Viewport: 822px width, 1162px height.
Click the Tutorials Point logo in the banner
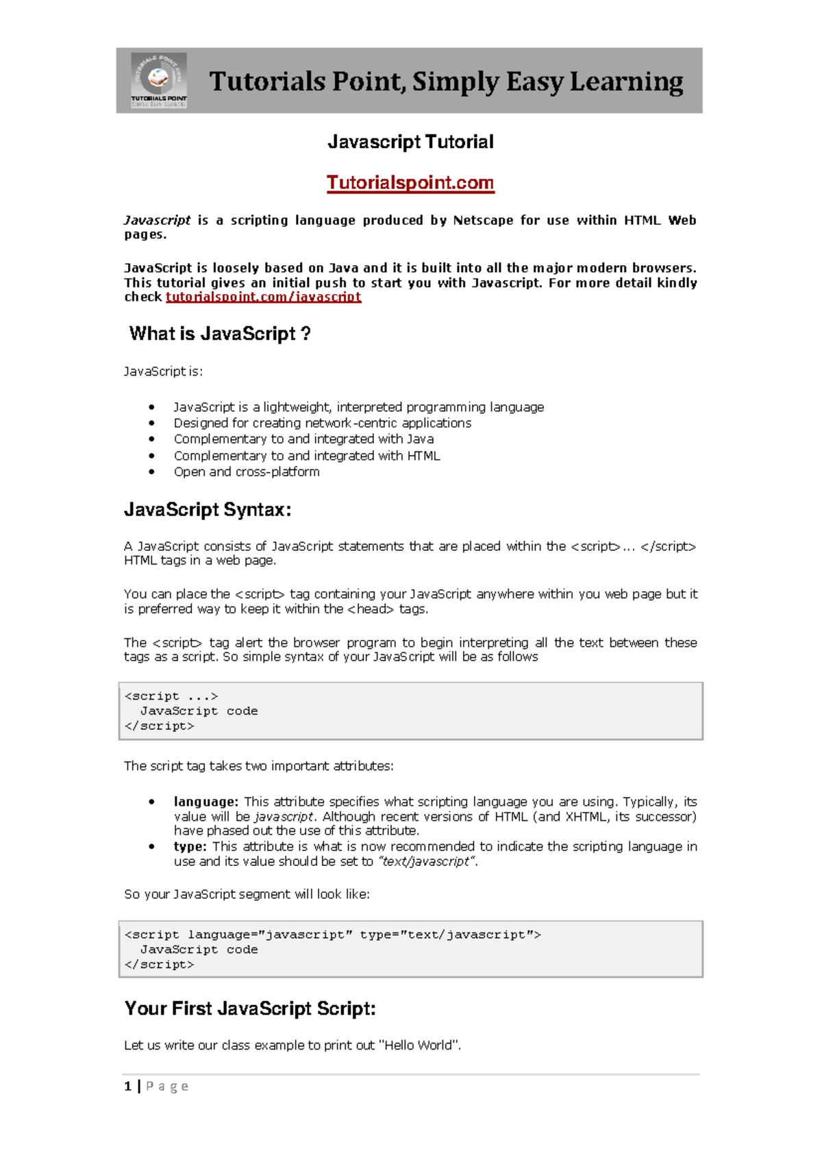point(159,79)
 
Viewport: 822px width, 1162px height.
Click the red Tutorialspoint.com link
point(410,183)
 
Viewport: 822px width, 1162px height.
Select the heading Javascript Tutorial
point(410,142)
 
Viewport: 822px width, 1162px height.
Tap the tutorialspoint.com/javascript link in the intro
point(263,297)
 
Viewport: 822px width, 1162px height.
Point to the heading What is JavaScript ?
point(220,334)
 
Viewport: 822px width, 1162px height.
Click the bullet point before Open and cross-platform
point(151,472)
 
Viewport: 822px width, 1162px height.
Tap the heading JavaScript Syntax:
point(208,510)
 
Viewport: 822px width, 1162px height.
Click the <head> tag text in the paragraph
point(371,608)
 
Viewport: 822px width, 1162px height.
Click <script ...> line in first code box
point(171,696)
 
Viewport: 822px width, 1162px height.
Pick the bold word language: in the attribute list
point(206,802)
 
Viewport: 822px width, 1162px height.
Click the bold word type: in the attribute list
point(190,846)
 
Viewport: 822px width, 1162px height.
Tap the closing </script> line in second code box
point(160,965)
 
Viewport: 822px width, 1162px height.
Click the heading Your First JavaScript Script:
point(250,1009)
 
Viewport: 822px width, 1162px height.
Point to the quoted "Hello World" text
point(419,1046)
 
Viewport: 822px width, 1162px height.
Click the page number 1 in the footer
point(127,1086)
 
